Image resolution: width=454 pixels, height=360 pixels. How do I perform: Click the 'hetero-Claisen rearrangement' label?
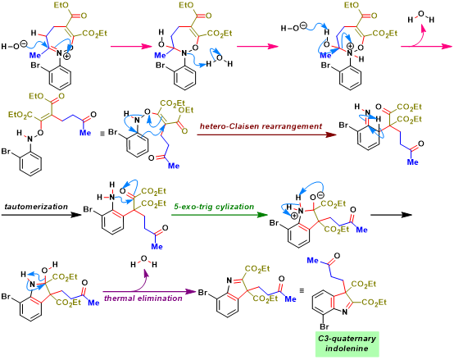(x=261, y=126)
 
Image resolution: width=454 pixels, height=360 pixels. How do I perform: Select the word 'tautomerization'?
(x=36, y=207)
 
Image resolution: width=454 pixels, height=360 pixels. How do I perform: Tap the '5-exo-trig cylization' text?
(x=214, y=207)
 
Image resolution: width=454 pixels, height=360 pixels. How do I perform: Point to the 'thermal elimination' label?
(x=143, y=298)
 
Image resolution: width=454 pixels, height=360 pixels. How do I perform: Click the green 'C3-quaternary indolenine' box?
(x=347, y=344)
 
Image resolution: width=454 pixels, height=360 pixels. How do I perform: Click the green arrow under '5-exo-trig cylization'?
(x=219, y=215)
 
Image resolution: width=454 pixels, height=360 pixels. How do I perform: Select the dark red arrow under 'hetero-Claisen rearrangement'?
(x=266, y=134)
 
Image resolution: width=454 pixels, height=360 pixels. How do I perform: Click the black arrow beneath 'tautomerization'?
(x=42, y=215)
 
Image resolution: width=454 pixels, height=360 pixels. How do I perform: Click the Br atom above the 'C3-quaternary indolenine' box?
(x=324, y=326)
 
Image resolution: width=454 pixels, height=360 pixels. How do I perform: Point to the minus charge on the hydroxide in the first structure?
(x=24, y=43)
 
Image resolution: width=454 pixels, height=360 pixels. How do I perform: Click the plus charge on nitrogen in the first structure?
(x=66, y=56)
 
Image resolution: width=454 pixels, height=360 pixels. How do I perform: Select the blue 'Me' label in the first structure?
(x=35, y=55)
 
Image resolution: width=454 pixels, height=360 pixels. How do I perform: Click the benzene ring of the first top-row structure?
(x=60, y=76)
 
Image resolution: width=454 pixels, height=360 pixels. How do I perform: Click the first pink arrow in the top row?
(x=131, y=47)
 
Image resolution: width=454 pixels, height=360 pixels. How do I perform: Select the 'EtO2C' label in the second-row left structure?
(x=20, y=116)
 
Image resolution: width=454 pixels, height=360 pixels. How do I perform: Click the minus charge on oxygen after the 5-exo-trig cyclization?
(x=320, y=195)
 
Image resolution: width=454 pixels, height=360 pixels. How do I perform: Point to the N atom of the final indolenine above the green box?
(x=344, y=312)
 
